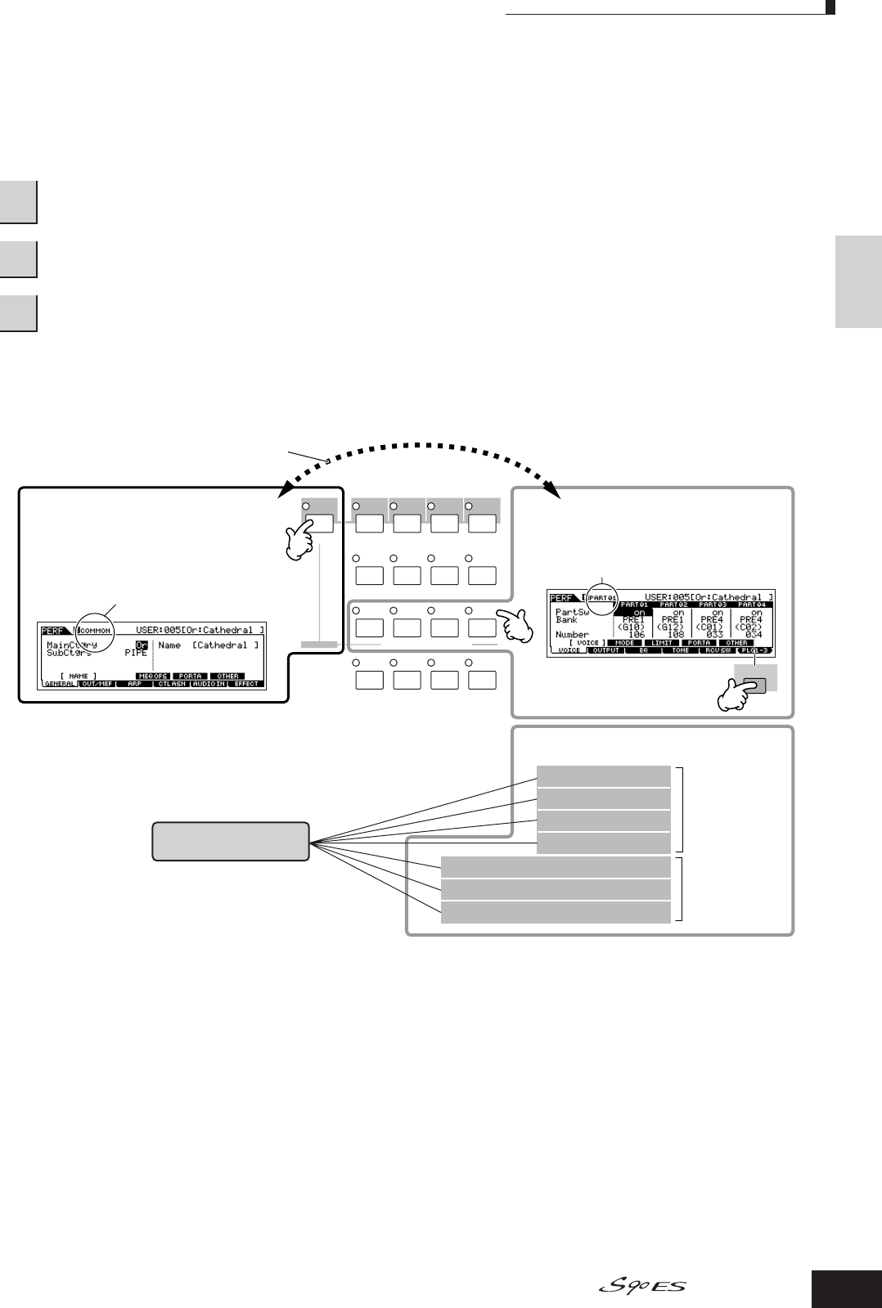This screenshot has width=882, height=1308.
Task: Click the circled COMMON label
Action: click(x=97, y=631)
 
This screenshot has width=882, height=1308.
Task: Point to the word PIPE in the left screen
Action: click(x=136, y=654)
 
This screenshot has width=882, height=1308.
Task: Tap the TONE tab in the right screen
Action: click(x=680, y=650)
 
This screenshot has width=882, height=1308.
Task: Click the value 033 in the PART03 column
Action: click(x=717, y=634)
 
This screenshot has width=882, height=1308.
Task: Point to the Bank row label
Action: click(x=566, y=619)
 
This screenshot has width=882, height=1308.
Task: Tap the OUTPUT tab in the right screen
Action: click(x=605, y=650)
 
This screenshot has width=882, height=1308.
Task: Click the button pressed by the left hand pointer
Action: click(x=318, y=524)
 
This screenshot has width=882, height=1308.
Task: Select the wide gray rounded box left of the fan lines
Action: click(x=231, y=841)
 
